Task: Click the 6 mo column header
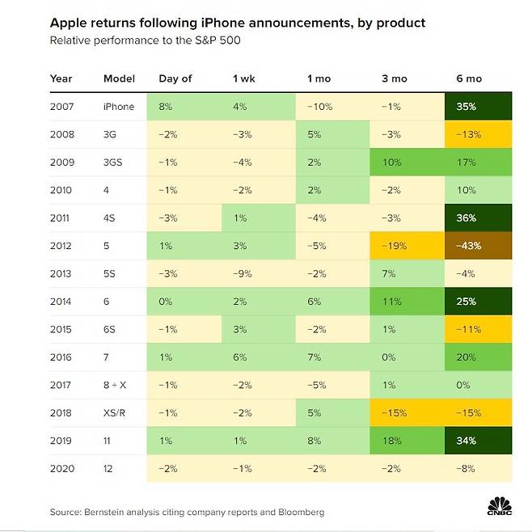click(x=468, y=78)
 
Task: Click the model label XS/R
click(x=116, y=412)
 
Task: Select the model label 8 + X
click(x=117, y=385)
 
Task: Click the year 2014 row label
click(x=61, y=301)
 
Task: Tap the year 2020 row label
click(x=61, y=468)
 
